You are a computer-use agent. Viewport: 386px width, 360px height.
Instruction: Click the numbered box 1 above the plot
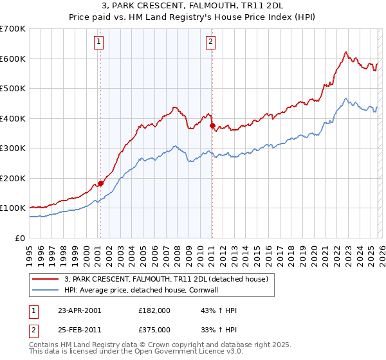[99, 42]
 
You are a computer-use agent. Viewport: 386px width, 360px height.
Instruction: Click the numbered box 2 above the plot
[211, 42]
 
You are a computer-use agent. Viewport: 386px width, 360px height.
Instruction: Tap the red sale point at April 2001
[100, 183]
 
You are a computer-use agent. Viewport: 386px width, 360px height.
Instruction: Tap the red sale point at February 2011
[212, 126]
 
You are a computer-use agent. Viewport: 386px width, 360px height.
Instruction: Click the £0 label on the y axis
[19, 238]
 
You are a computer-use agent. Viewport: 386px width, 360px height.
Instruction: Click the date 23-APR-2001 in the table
[79, 310]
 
